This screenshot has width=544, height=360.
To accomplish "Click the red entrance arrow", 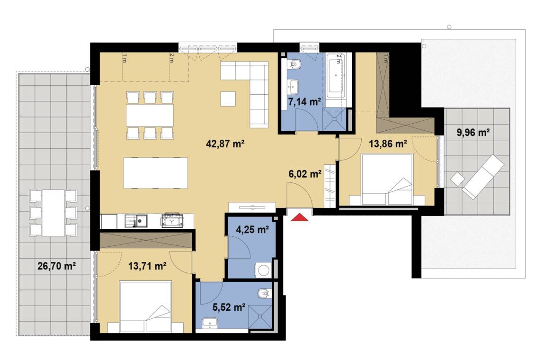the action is coord(300,218).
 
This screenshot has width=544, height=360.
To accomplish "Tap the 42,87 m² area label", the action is coord(225,144).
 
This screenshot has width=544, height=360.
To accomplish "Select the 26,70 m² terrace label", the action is coord(57,266).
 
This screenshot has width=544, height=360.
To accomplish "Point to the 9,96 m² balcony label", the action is coord(473,133).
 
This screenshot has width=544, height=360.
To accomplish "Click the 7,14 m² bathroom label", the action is coord(304,102).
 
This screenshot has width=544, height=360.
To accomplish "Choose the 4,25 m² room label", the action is coord(252,229).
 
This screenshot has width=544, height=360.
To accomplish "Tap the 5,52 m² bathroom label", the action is coord(229,307).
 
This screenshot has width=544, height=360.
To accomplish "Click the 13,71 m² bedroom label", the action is coord(147,266).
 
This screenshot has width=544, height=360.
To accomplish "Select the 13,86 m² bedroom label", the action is coord(388,144).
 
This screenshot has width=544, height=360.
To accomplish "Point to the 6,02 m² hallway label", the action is coord(305,174).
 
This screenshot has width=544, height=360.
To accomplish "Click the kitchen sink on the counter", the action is coord(136,221).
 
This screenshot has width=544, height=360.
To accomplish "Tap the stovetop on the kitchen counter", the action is coord(172,220).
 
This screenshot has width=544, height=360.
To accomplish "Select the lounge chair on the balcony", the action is coord(482,177).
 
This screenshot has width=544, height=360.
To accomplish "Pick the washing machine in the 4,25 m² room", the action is coord(263,270).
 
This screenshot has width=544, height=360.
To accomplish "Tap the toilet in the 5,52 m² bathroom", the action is coord(264,294).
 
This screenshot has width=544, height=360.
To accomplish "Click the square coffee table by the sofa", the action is coord(228,99).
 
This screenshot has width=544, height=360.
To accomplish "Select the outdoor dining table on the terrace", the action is coord(54,213).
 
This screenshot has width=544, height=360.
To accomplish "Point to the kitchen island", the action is coord(155,173).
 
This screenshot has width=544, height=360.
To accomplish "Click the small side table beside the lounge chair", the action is coord(457,180).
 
